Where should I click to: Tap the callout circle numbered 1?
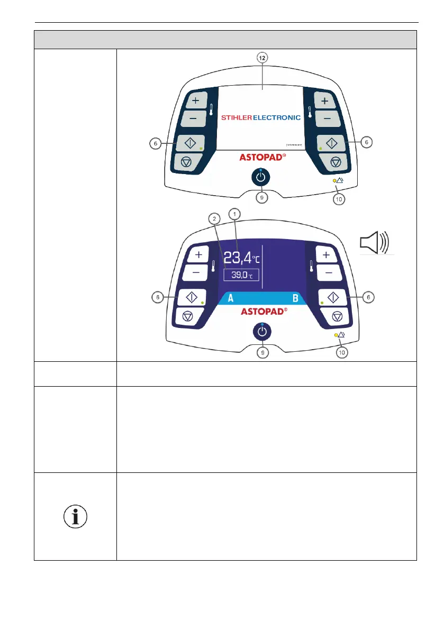coord(233,213)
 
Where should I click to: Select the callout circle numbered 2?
coord(212,218)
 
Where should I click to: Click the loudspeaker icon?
coord(376,242)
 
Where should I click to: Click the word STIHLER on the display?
coord(244,118)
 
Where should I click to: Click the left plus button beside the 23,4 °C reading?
coord(199,255)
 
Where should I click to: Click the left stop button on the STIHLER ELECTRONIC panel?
coord(186,161)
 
